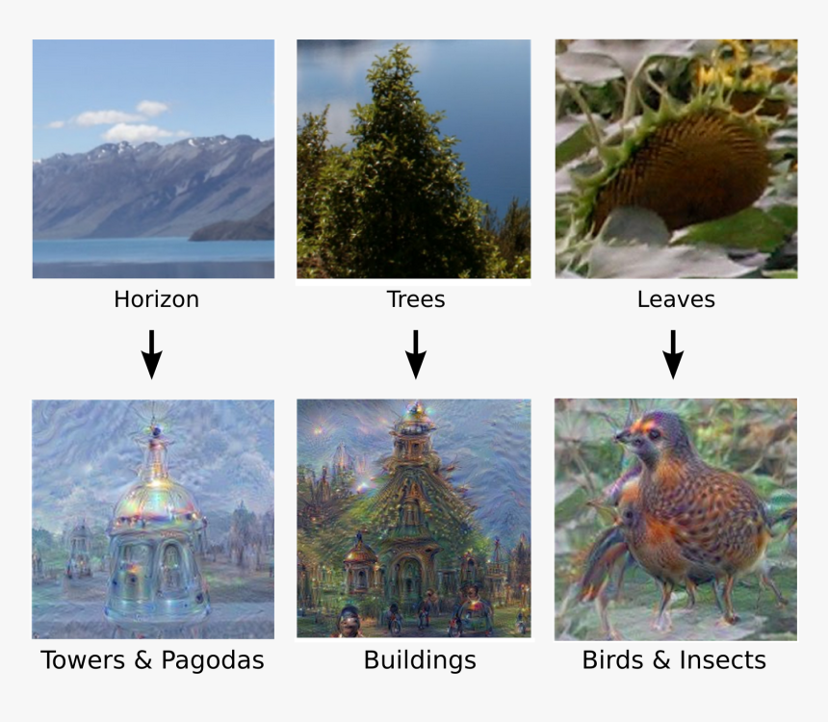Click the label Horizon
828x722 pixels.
[156, 299]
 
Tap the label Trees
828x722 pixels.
[416, 299]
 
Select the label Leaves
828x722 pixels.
[676, 299]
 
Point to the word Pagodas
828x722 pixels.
[212, 661]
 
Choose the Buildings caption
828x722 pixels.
[420, 661]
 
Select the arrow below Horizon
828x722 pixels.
[151, 354]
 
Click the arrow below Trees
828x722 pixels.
[416, 354]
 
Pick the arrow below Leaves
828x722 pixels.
[673, 354]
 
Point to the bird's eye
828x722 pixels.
[655, 434]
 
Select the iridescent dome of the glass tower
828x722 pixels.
[156, 499]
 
